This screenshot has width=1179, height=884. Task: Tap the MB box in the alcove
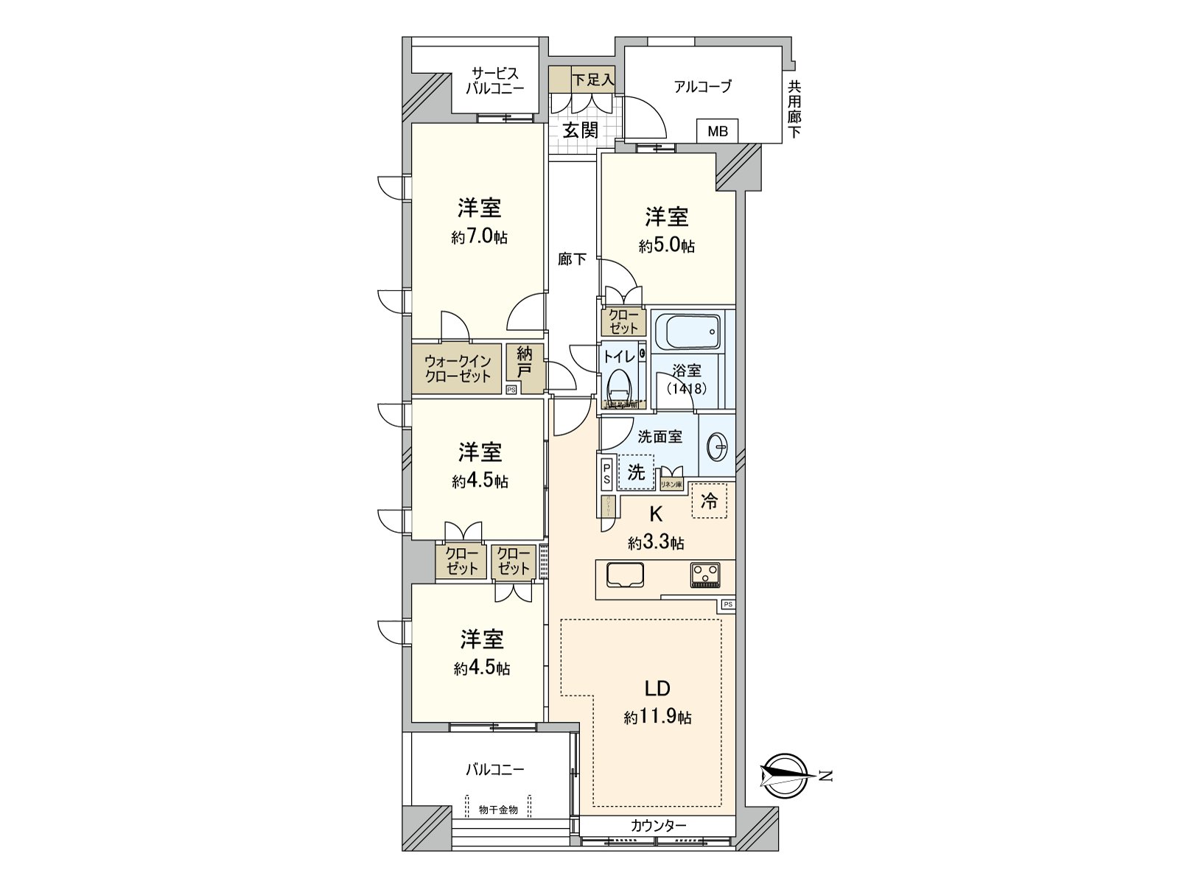[x=717, y=131]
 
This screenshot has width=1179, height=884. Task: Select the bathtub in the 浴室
[x=688, y=334]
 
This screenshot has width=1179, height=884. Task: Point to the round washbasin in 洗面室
[x=718, y=446]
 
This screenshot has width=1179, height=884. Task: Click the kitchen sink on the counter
[x=625, y=575]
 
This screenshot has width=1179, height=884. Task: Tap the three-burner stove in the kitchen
[x=706, y=575]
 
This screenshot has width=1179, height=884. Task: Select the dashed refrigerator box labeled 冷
[x=709, y=502]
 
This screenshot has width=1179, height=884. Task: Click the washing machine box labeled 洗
[x=636, y=472]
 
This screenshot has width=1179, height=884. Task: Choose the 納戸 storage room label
[x=524, y=362]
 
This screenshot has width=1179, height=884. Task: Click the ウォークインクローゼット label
[x=457, y=368]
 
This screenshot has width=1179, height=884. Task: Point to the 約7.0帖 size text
[x=479, y=237]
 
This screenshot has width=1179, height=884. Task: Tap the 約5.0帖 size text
[x=666, y=246]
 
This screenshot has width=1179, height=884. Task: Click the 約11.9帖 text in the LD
[x=657, y=717]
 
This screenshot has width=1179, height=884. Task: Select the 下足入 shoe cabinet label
[x=592, y=80]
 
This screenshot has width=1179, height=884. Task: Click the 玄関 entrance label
[x=580, y=130]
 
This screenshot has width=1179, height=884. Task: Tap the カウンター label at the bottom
[x=658, y=825]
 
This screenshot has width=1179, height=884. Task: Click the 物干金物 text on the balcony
[x=498, y=810]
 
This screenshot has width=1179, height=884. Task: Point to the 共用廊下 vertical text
[x=794, y=109]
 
